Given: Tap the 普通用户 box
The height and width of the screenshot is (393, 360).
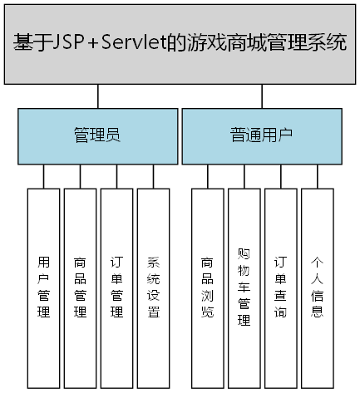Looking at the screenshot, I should coord(261,135).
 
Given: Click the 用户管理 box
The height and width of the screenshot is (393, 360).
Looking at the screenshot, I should coord(43,287).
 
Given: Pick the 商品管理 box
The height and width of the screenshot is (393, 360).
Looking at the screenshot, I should coord(80,287).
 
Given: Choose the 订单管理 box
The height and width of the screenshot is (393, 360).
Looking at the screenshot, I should coord(116,287).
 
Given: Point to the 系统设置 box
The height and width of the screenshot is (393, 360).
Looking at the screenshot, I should coord(153,287).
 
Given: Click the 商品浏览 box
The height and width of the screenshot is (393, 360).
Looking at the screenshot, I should coord(207,287).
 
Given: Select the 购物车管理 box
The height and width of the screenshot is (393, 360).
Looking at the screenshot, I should coord(244,287).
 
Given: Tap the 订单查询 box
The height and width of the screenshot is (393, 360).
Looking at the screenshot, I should coord(280,287).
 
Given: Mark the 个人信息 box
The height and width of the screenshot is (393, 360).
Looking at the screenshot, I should coord(317,287).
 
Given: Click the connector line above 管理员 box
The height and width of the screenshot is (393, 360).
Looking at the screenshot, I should coord(97,96).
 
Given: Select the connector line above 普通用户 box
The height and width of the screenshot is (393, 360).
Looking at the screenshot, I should coord(262,96).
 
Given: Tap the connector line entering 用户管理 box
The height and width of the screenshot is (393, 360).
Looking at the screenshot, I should coord(43,176).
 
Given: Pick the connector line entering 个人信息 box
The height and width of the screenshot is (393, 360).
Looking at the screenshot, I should coord(317,176).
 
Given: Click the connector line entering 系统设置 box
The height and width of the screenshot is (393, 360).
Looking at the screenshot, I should coord(153,176).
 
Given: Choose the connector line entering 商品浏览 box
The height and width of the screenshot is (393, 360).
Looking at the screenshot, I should coord(207,176).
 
